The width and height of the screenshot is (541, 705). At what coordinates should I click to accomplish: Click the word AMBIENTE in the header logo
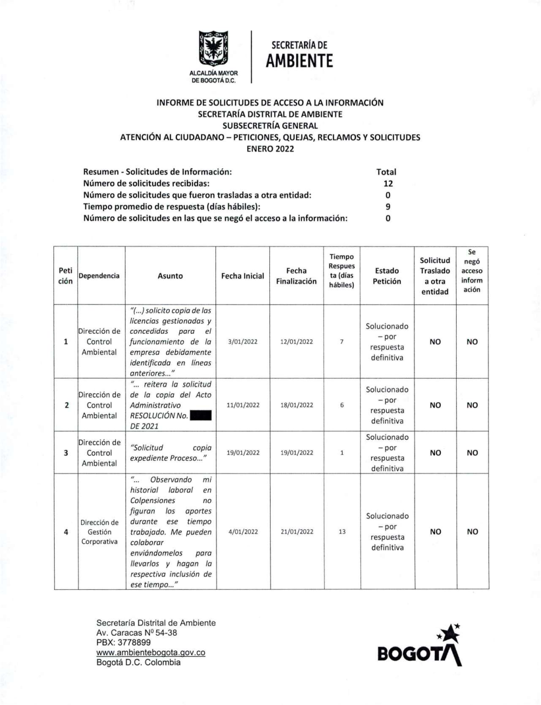299,62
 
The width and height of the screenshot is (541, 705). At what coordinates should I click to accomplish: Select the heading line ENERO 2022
270,149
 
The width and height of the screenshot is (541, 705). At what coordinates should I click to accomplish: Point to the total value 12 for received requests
388,183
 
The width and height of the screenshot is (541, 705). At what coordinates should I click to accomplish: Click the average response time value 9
388,207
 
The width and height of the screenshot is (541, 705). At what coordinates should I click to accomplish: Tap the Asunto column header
170,276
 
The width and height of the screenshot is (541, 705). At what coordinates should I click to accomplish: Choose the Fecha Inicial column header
242,276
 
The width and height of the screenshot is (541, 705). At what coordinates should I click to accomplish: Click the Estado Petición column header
387,276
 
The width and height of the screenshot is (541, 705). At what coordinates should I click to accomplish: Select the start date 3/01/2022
243,342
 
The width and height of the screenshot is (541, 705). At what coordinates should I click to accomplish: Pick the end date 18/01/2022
296,405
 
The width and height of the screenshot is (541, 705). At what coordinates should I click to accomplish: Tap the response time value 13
342,532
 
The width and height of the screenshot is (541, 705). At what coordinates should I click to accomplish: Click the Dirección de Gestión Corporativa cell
100,532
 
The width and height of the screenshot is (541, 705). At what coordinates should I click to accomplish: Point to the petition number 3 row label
66,453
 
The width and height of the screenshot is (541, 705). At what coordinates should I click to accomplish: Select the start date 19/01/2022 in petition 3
243,453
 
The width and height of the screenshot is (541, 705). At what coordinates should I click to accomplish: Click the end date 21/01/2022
296,532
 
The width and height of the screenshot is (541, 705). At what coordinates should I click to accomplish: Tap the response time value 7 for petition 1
342,342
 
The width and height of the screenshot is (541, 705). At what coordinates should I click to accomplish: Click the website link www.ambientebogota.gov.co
150,653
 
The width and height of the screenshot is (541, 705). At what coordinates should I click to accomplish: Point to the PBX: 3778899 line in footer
123,643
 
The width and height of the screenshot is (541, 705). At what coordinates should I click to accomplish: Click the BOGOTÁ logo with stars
420,647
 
